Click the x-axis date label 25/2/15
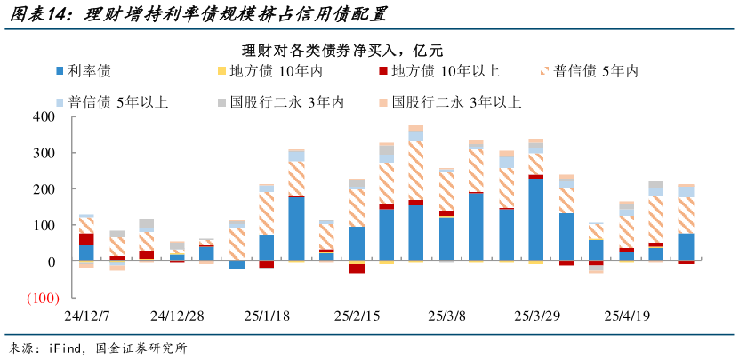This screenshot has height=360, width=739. (356, 316)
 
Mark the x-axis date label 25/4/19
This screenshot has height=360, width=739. (628, 316)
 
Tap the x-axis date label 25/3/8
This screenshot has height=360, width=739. (446, 316)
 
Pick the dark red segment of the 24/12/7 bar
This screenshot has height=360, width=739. (86, 239)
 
